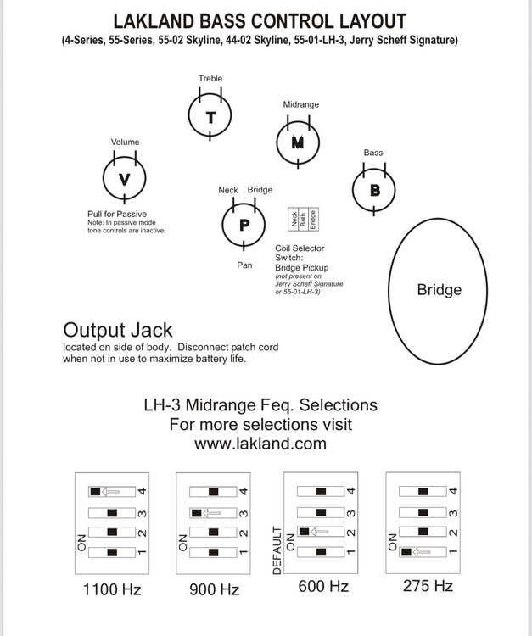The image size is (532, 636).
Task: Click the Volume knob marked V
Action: [x=124, y=179]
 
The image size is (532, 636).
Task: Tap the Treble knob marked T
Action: [x=210, y=117]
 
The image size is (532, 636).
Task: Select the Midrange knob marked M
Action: [x=297, y=142]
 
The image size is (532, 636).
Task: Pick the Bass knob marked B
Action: [x=375, y=190]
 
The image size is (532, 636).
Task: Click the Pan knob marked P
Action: [x=244, y=225]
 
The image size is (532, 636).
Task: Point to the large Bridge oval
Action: [x=439, y=289]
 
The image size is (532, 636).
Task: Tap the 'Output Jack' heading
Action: [x=118, y=330]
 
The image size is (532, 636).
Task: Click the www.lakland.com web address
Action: [x=260, y=443]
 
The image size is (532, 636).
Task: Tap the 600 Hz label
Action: [x=323, y=586]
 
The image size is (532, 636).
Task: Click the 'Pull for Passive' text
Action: [x=118, y=214]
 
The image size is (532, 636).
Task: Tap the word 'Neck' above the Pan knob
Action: [x=228, y=190]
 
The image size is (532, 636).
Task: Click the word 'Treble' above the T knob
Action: [x=210, y=78]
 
